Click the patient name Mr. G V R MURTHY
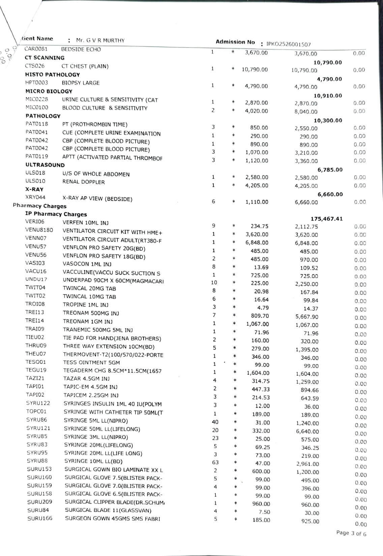100,40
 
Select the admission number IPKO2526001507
288,44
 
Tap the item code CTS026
35,66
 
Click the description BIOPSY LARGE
81,83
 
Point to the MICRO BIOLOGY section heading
49,91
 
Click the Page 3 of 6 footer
351,533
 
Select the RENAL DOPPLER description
84,182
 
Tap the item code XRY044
35,197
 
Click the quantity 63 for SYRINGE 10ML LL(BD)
215,463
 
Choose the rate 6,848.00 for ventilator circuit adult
257,243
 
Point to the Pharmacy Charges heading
39,206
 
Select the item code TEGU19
36,370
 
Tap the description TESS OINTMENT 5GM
91,363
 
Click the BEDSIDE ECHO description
81,50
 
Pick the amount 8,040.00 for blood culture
306,112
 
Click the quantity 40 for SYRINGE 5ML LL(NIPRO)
215,422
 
